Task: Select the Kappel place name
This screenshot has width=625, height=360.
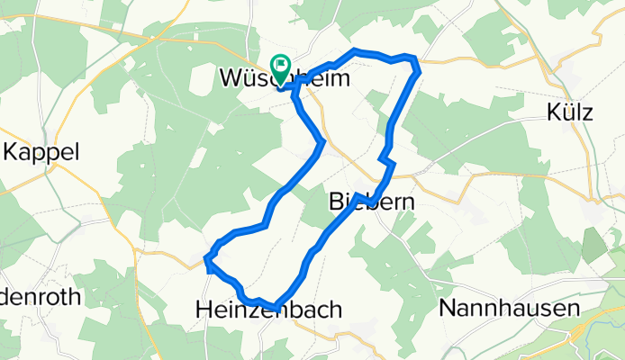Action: [x=41, y=152]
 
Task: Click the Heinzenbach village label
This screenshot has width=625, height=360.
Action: [x=268, y=310]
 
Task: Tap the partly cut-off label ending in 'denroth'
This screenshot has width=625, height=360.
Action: [x=41, y=296]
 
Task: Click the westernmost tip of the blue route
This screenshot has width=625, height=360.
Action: [x=207, y=260]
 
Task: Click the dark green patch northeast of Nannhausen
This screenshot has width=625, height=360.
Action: [x=593, y=245]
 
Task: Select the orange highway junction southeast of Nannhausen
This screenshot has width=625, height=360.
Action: [x=576, y=333]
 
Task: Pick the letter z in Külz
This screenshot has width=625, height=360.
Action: [x=586, y=113]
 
